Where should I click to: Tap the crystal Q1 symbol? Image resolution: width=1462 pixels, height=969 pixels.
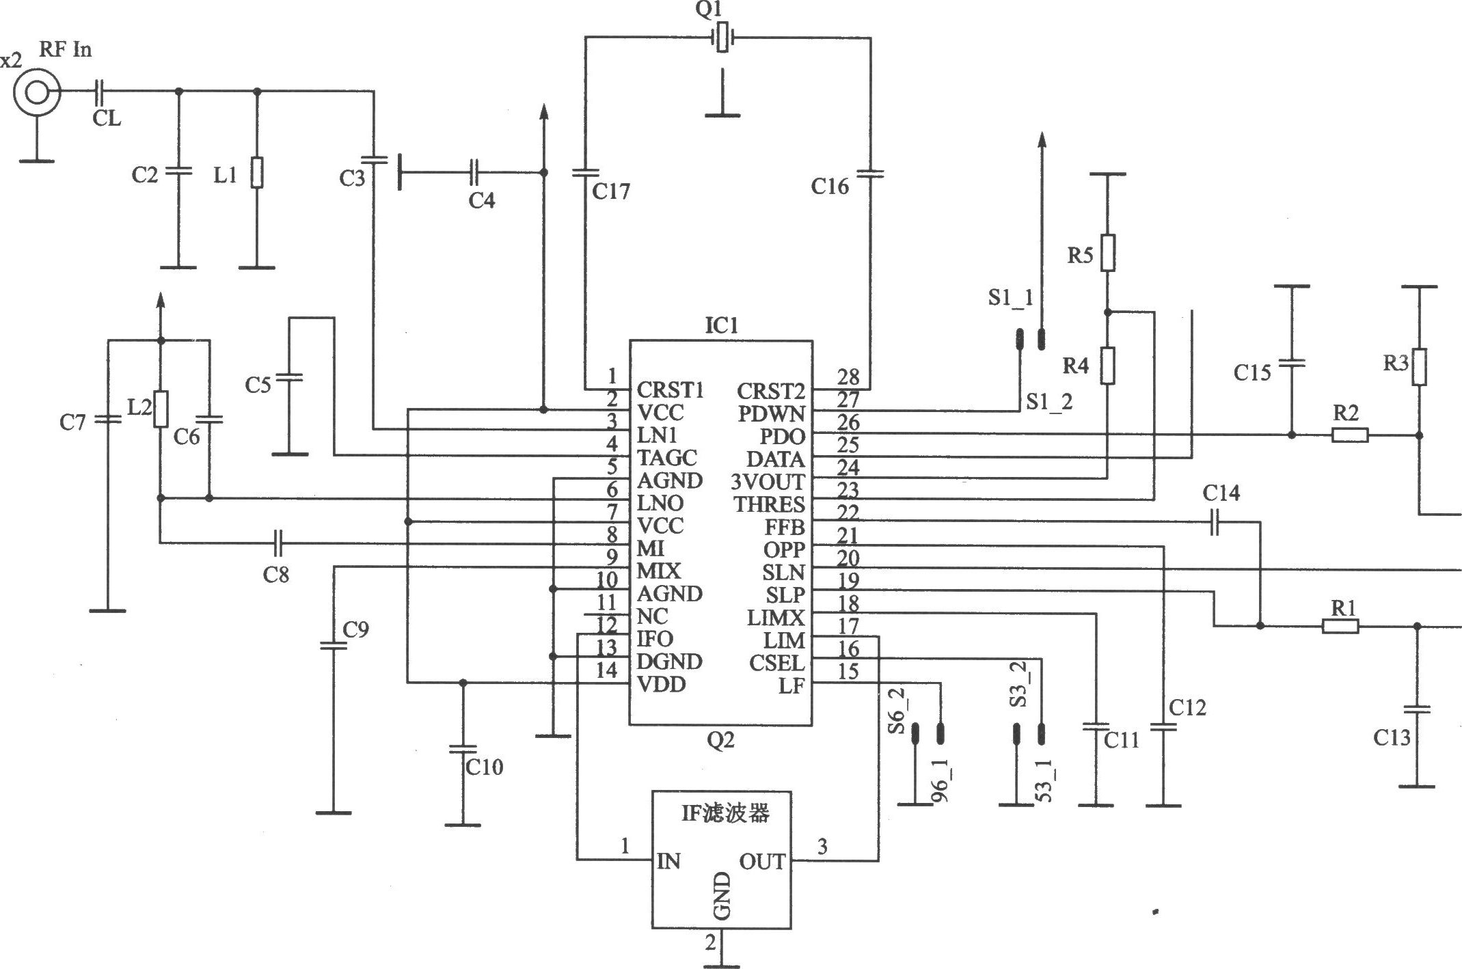(x=723, y=38)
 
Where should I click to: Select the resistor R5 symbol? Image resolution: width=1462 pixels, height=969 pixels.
(x=1108, y=253)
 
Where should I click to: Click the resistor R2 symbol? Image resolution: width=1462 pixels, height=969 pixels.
(x=1350, y=435)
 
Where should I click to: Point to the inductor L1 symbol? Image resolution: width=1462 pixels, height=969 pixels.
(x=257, y=172)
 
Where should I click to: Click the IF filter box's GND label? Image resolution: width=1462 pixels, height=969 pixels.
(x=722, y=896)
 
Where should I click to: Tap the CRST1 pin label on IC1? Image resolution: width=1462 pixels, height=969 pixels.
(x=670, y=390)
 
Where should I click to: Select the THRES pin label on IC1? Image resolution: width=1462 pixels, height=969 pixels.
(x=769, y=504)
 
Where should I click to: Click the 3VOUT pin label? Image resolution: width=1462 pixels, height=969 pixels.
(x=768, y=482)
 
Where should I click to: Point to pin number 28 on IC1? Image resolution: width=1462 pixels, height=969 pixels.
(x=848, y=377)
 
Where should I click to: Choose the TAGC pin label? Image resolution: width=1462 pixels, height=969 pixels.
(x=667, y=458)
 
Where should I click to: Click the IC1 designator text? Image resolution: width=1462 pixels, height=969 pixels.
(x=722, y=325)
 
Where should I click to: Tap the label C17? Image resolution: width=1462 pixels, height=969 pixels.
(x=611, y=192)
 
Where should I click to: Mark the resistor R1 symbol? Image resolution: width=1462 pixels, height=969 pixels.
(x=1340, y=626)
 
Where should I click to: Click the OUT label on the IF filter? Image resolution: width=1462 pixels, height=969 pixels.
(x=762, y=862)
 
